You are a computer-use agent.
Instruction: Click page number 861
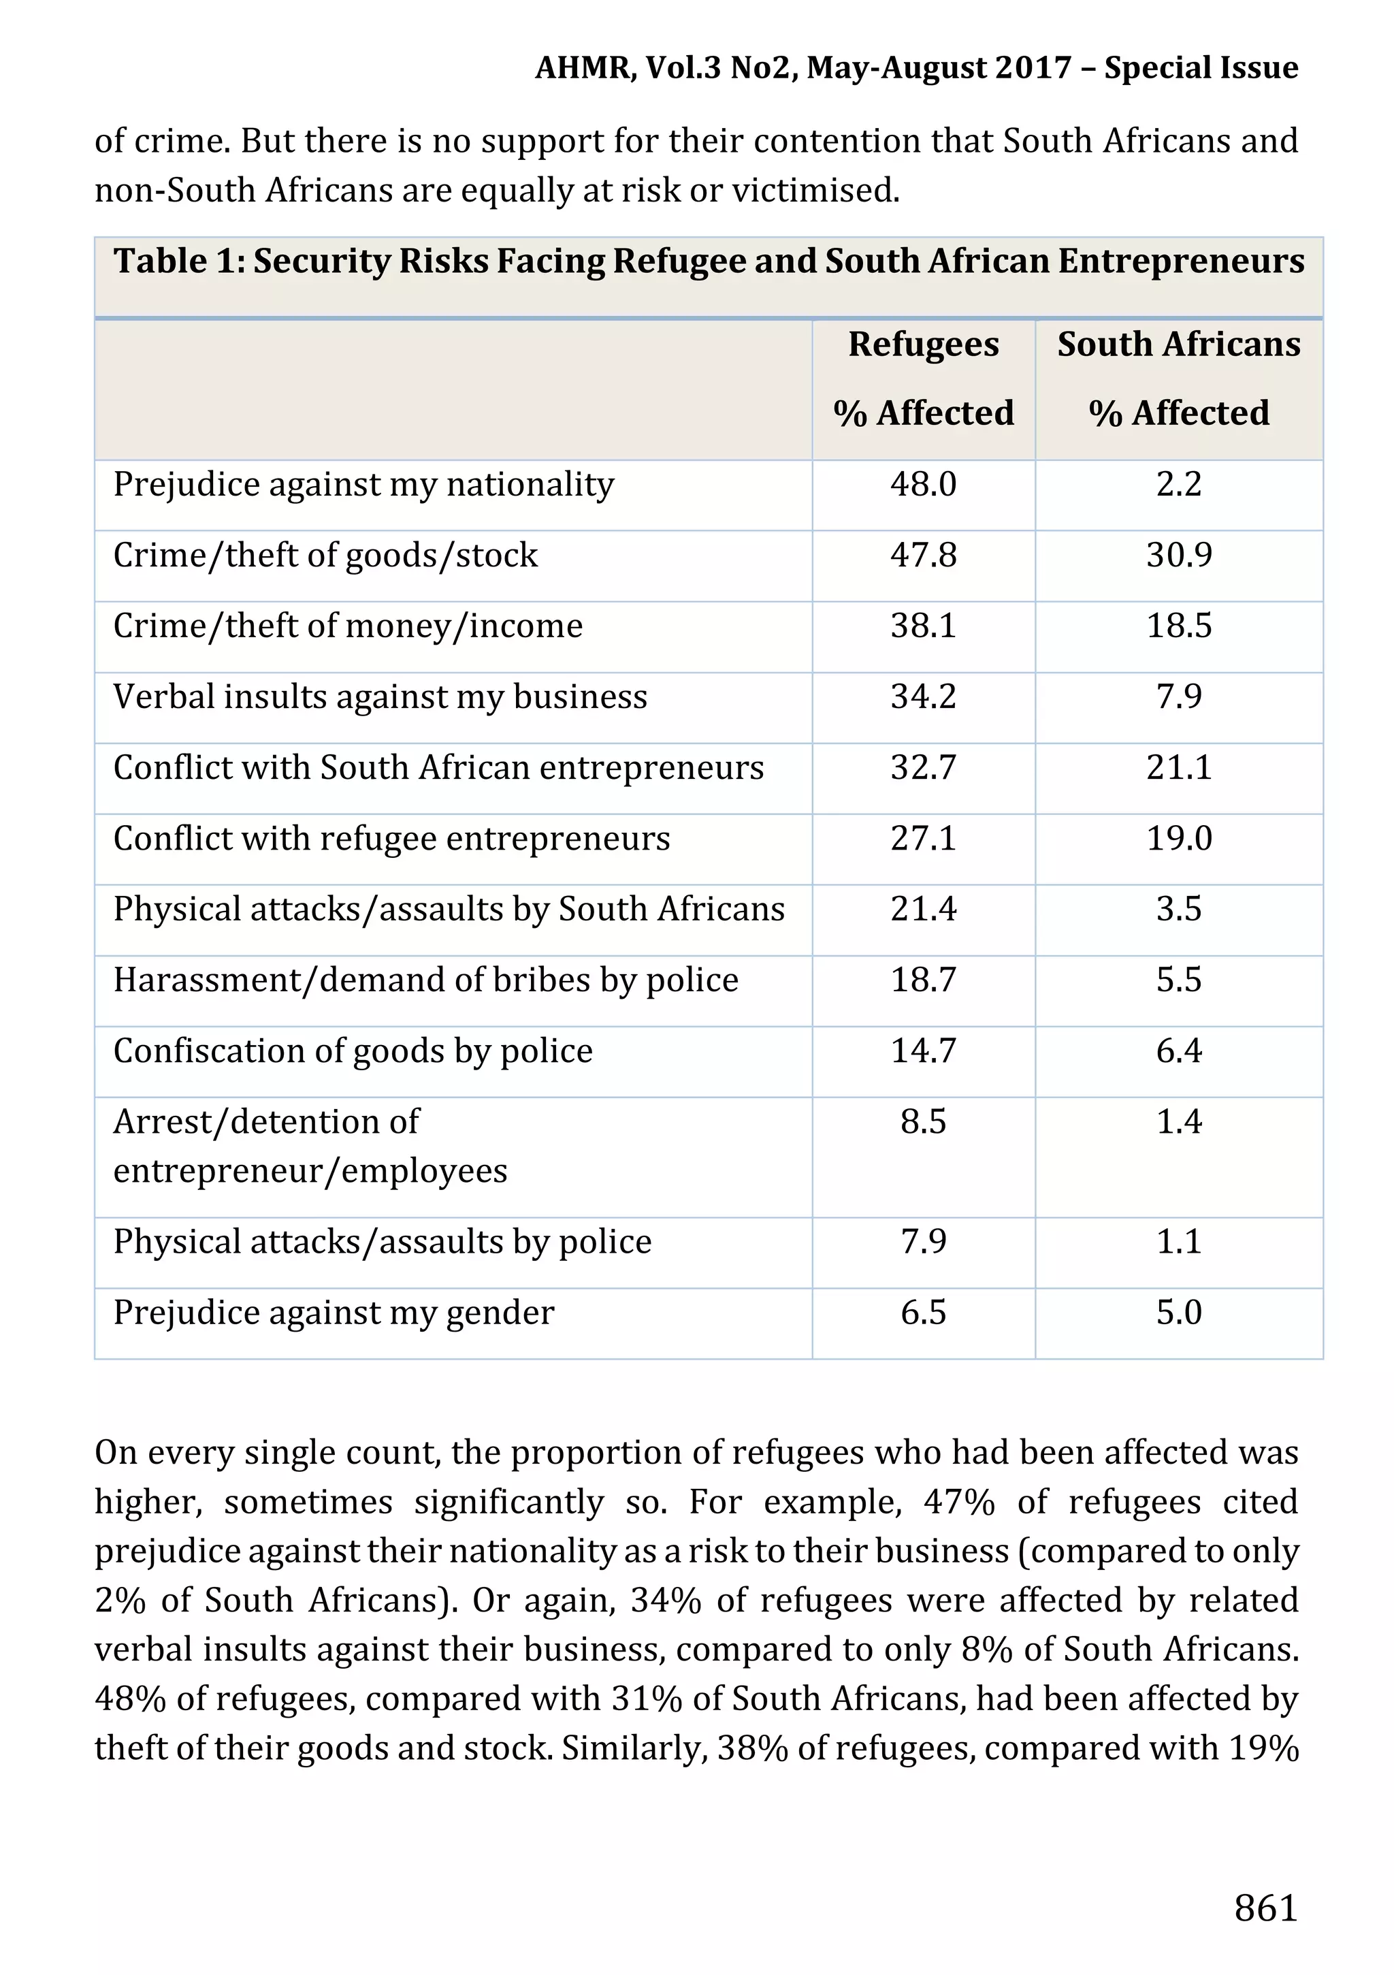tap(1265, 1908)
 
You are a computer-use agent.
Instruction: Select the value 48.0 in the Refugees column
tap(923, 484)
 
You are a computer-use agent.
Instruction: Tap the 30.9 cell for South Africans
tap(1178, 555)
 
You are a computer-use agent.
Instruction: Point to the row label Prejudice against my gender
tap(334, 1313)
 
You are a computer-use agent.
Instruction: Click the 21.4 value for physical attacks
tap(923, 910)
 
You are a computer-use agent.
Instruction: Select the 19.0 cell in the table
tap(1178, 838)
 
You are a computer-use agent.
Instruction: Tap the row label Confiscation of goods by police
tap(353, 1051)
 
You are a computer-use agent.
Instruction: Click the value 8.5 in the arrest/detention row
tap(923, 1122)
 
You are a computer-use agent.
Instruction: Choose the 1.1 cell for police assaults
tap(1178, 1241)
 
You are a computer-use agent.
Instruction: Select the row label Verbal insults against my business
tap(380, 696)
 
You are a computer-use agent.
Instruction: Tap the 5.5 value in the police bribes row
tap(1178, 980)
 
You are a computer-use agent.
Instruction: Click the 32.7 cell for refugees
tap(923, 767)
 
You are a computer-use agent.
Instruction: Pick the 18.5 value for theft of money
tap(1178, 626)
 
